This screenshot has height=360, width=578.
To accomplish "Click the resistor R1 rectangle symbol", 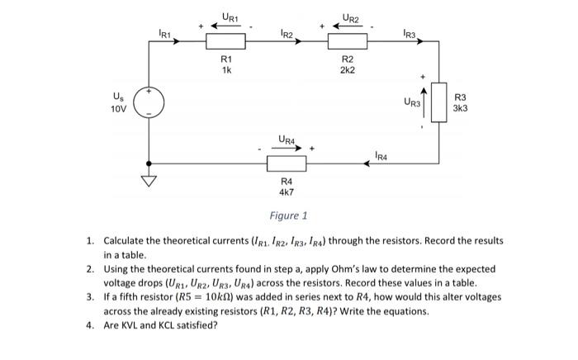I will coord(225,41).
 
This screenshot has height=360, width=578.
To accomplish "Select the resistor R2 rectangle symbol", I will coord(348,41).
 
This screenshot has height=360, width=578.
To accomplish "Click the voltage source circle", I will coord(149,102).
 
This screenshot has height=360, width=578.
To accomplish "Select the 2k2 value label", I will coord(348,71).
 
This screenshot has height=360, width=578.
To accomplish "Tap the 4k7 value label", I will coord(287,192).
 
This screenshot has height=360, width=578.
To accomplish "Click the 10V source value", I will coord(120,108).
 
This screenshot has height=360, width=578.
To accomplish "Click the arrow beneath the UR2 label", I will coord(348,26).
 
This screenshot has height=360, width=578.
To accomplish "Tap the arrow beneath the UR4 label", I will coord(287,149).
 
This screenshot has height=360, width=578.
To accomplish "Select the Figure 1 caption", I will coord(288,216).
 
